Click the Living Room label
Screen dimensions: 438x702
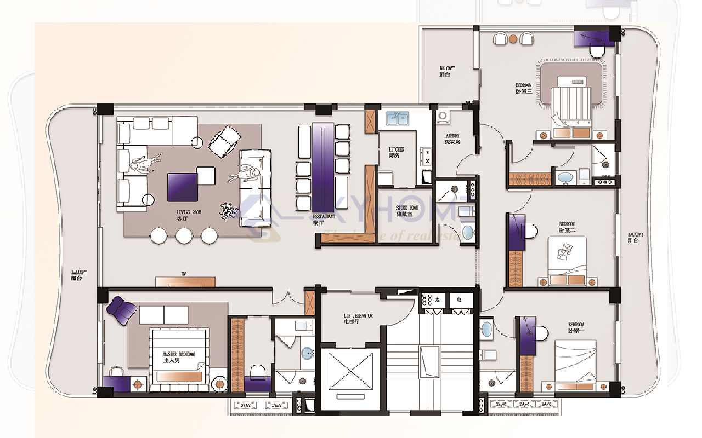click(188, 214)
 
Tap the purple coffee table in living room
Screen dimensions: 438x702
click(183, 187)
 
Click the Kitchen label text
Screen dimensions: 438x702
click(397, 152)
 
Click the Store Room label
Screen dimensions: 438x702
click(407, 211)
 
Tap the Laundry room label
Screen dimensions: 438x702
click(452, 139)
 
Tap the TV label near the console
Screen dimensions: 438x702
click(185, 273)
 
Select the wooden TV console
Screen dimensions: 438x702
click(185, 281)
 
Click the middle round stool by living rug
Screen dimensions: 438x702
click(184, 236)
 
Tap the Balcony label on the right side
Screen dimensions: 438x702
click(636, 237)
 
